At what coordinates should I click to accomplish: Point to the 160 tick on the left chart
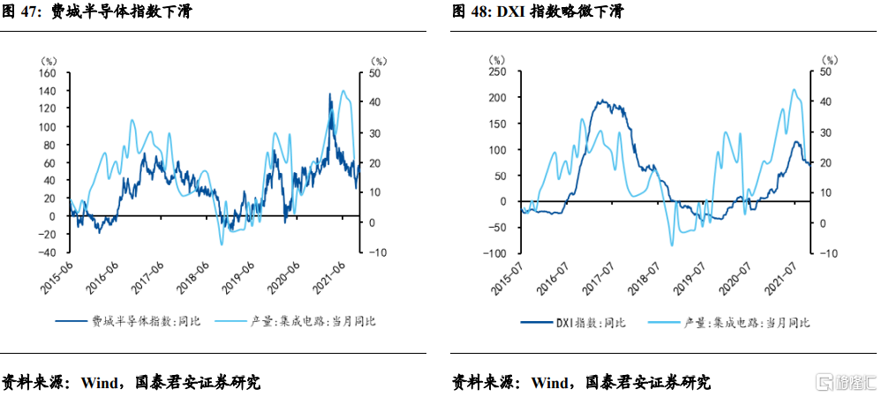pos(47,72)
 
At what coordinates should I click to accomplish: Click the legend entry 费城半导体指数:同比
pos(128,321)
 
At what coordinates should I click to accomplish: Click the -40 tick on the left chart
pos(45,252)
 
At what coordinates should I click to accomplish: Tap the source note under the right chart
pos(581,382)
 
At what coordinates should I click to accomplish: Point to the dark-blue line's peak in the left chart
pos(329,93)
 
